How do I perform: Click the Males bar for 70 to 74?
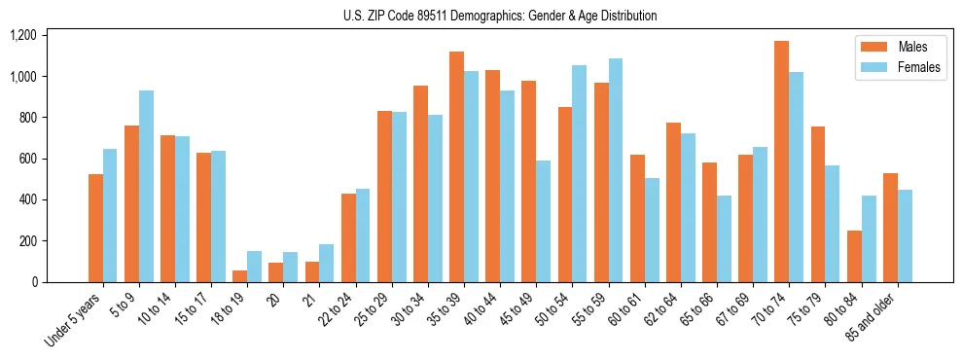tap(781, 162)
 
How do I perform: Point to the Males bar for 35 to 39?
tap(456, 166)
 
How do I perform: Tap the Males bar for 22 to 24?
tap(348, 238)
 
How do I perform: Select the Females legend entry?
tap(910, 67)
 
